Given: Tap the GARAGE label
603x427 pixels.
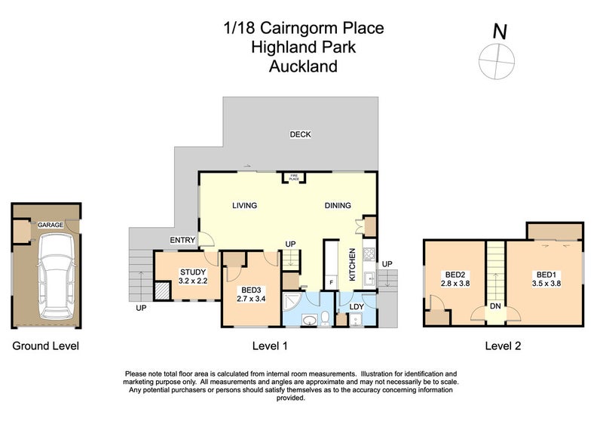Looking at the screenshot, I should point(51,225).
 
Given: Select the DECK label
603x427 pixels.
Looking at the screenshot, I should point(301,134).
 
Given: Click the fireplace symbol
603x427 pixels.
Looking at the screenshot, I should point(293,177).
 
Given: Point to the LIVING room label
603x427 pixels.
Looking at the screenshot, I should point(244,205).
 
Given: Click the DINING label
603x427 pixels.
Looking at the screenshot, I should point(338,205).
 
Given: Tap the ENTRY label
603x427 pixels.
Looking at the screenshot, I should point(182,241).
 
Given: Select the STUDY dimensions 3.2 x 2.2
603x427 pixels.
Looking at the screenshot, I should point(192,281).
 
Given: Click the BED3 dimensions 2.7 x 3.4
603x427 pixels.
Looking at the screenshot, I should point(251,299).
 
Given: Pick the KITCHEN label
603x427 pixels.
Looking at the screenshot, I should point(351,264).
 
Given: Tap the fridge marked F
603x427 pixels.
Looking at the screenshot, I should point(330,282).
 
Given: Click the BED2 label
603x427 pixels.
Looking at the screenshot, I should point(455,275).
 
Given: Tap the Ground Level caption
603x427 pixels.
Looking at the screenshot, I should point(45,346).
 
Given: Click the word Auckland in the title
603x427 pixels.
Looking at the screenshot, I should point(303,66).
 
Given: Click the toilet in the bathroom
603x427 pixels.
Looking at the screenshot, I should point(324,318).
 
